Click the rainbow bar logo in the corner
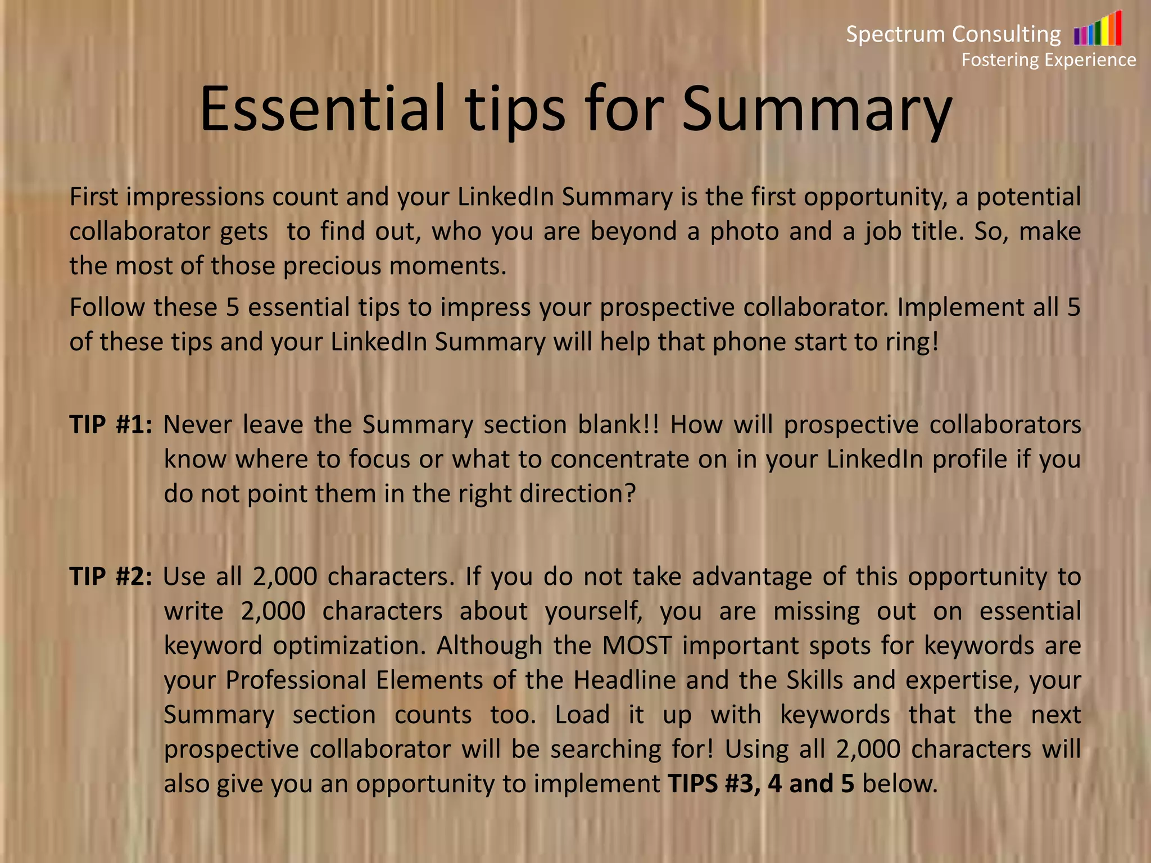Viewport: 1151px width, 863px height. coord(1098,29)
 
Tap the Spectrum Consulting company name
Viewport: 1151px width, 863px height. coord(953,34)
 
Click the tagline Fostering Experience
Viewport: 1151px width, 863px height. coord(1048,60)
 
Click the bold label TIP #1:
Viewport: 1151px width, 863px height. coord(111,425)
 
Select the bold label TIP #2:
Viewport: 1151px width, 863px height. coord(111,576)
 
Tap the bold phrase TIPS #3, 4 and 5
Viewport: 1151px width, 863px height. coord(761,784)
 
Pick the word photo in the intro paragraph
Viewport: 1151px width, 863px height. coord(743,231)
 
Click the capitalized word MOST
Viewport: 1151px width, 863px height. coord(637,646)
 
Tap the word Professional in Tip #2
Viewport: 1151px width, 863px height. coord(296,680)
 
